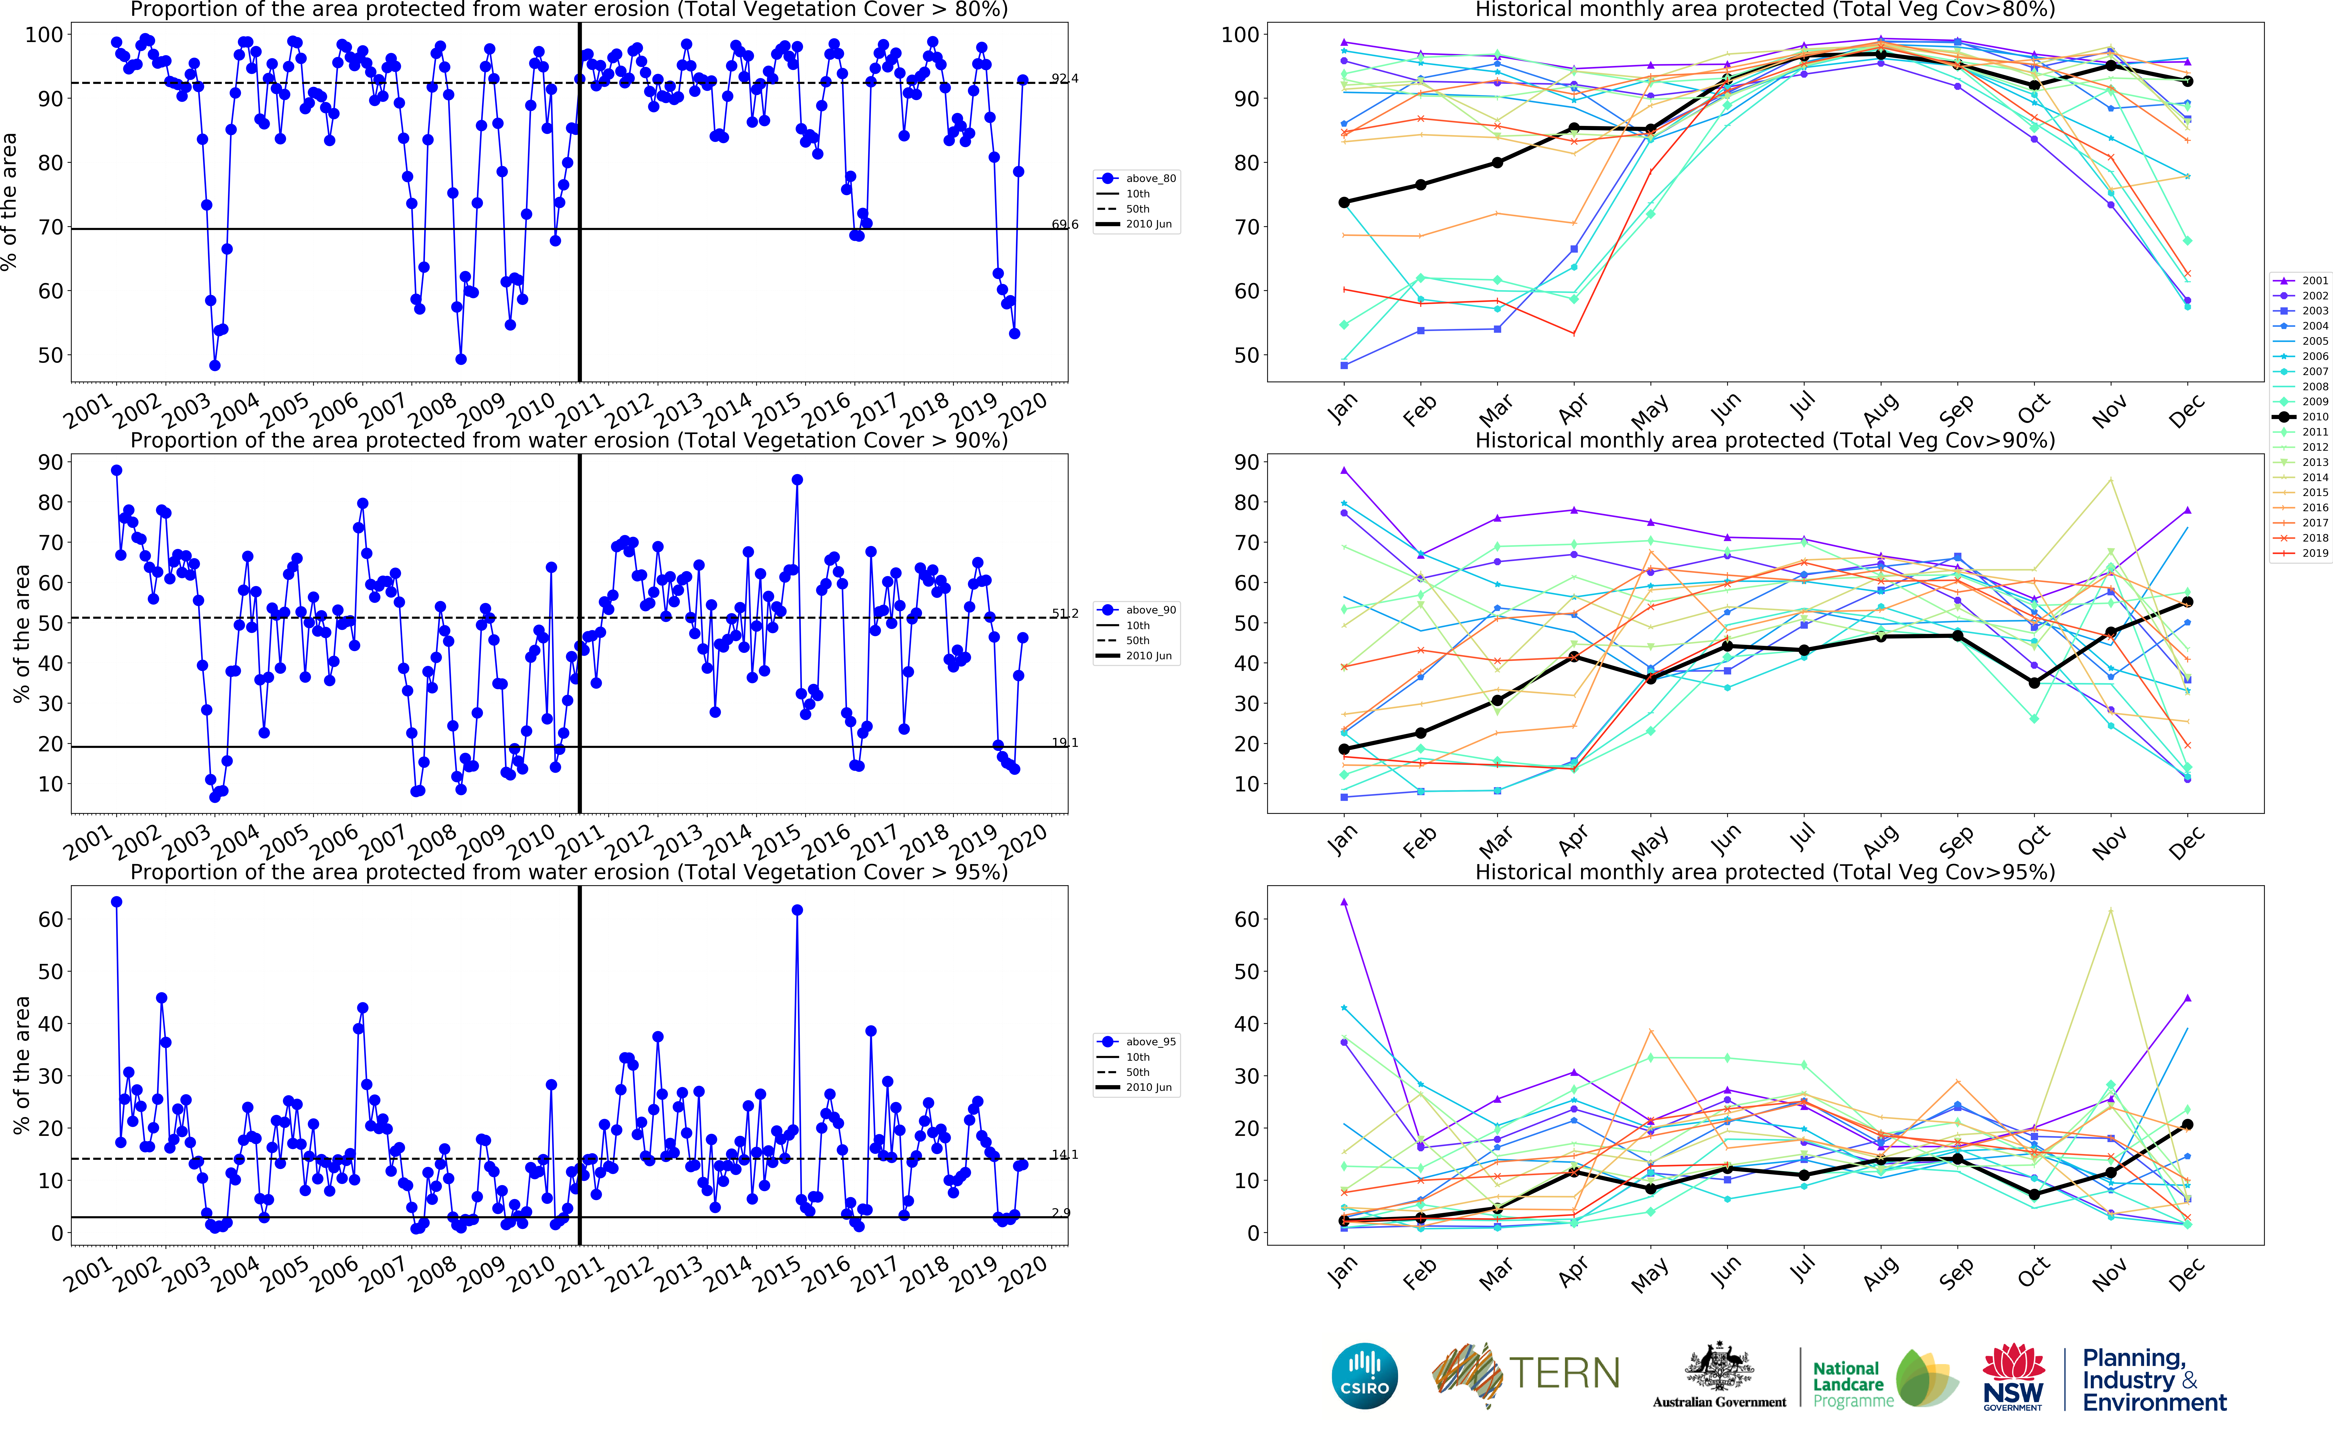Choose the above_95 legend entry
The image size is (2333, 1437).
pos(1150,1042)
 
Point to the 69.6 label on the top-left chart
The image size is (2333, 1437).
pos(1064,224)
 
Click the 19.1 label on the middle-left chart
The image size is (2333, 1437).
pos(1064,742)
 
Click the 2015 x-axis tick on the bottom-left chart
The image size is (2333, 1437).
pos(777,1273)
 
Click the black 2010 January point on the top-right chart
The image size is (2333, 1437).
pos(1344,202)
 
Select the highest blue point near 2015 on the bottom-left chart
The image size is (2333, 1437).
pos(797,910)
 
